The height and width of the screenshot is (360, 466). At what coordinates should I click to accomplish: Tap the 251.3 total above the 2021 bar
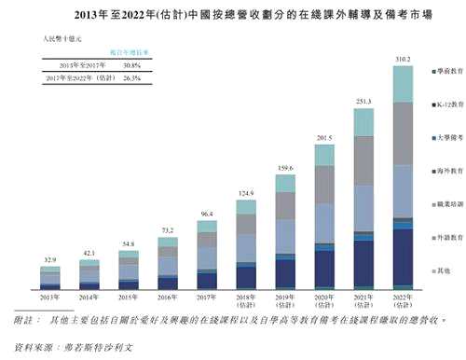(x=363, y=101)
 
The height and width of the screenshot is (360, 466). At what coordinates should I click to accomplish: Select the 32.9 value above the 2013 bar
(x=50, y=257)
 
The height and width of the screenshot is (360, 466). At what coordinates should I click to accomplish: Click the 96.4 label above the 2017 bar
(x=207, y=215)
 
